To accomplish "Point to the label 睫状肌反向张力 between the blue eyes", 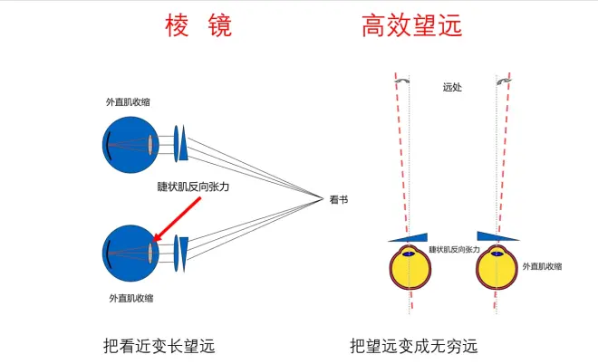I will [193, 187].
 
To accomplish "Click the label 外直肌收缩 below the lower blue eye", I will [131, 297].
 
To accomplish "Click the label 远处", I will [452, 88].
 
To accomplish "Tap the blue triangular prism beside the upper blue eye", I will [184, 143].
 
